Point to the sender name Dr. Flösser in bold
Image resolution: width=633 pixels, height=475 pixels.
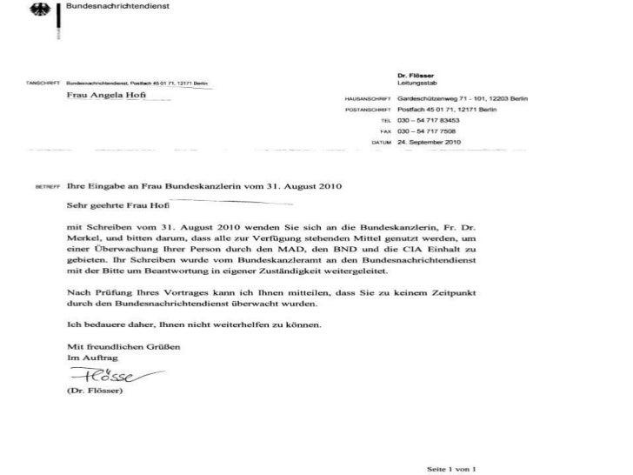[x=413, y=76]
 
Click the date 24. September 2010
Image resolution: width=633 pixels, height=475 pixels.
[x=428, y=140]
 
